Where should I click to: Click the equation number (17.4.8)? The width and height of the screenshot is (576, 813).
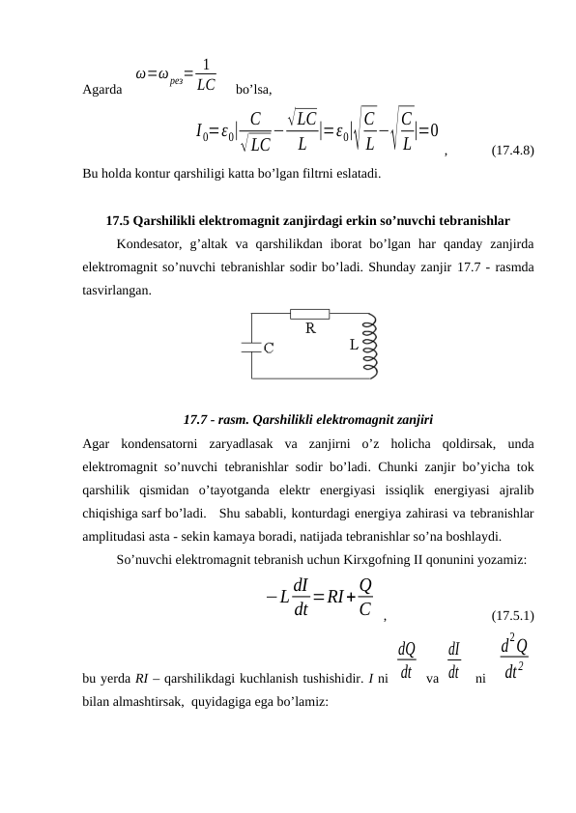(514, 151)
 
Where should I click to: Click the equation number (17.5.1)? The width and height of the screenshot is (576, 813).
(514, 614)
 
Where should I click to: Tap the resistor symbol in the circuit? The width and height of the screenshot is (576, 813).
(310, 313)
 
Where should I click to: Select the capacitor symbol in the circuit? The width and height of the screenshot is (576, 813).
(250, 347)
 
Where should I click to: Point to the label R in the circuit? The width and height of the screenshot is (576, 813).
(310, 328)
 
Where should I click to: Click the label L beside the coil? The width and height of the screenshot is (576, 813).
(354, 344)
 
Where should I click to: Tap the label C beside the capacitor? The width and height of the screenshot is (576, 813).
(268, 349)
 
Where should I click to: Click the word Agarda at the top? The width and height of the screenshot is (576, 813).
(102, 91)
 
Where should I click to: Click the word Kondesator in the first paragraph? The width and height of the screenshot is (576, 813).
(147, 243)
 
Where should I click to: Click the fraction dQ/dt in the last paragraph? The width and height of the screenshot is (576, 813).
(407, 659)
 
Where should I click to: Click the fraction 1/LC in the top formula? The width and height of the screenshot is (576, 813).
(205, 75)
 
